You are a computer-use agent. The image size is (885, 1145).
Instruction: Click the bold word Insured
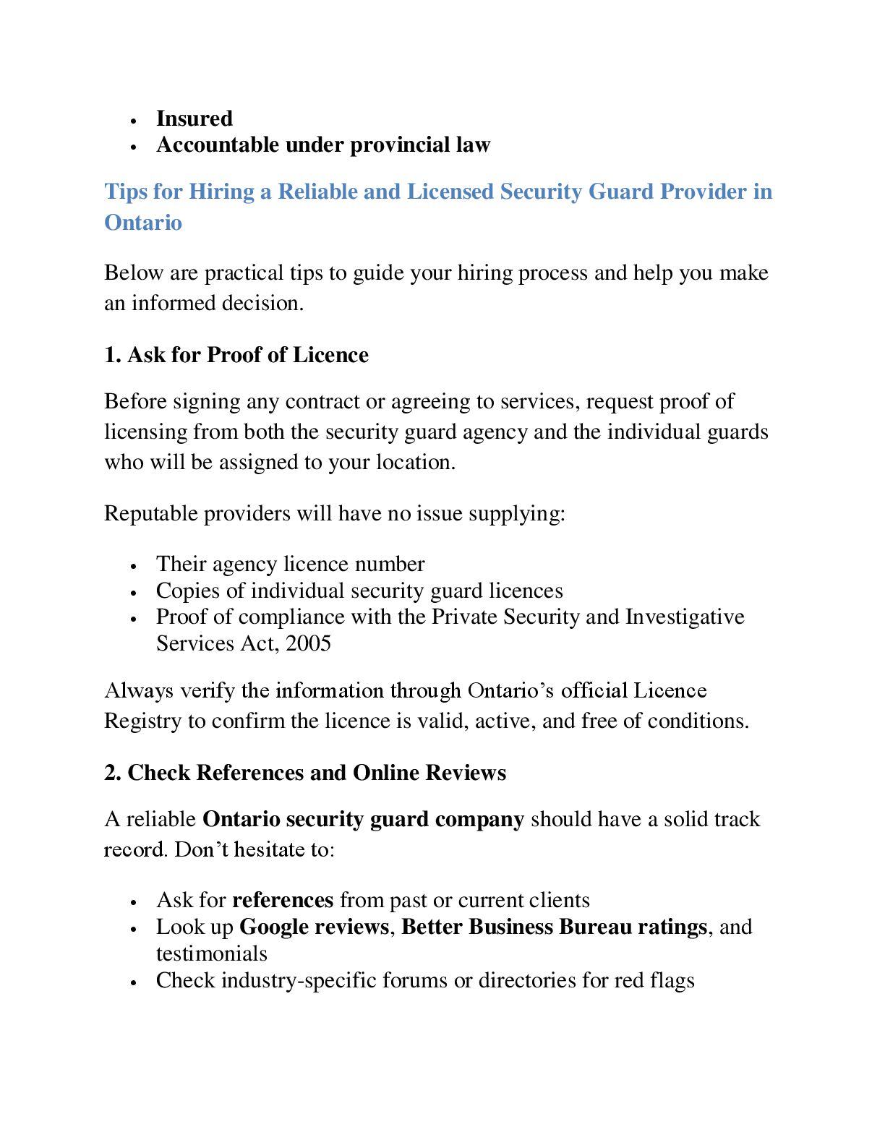click(x=194, y=119)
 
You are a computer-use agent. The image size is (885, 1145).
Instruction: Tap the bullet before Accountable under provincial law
click(x=134, y=147)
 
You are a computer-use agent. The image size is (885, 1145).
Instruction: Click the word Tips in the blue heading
click(x=126, y=192)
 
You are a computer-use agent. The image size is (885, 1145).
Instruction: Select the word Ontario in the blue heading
click(x=143, y=223)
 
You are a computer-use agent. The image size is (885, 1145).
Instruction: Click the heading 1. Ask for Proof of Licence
click(x=236, y=355)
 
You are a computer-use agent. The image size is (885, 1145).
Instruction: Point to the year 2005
click(x=308, y=643)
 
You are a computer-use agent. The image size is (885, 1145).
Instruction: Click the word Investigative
click(x=685, y=617)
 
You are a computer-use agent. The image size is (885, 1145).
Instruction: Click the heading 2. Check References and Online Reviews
click(x=305, y=773)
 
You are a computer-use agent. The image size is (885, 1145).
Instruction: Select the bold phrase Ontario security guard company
click(x=363, y=820)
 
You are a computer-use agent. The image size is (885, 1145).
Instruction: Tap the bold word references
click(x=283, y=901)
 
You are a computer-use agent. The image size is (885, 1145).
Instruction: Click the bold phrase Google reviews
click(x=314, y=927)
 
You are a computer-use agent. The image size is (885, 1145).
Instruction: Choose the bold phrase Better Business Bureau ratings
click(x=554, y=927)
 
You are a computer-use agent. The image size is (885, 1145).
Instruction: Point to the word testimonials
click(x=212, y=954)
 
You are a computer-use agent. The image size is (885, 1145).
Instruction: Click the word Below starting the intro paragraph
click(x=134, y=273)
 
